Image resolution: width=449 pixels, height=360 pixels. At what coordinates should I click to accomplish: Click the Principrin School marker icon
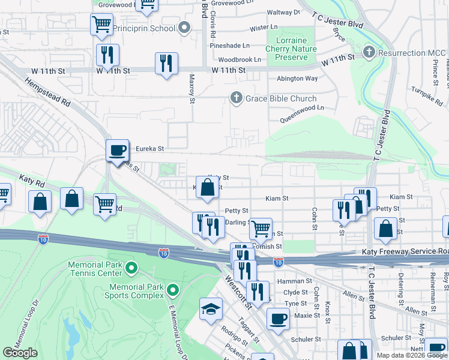coord(184,28)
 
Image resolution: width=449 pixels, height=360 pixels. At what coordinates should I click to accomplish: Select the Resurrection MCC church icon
coord(370,53)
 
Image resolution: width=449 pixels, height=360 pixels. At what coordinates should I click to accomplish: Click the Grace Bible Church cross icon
coord(237,98)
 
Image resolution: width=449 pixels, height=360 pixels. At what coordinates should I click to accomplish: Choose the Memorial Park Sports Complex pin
coord(173,291)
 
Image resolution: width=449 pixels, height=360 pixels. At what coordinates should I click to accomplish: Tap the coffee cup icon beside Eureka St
coord(117,150)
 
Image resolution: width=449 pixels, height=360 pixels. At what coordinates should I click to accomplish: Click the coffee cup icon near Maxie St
coord(277,319)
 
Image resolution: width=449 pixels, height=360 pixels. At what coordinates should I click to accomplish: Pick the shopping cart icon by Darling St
coord(260,228)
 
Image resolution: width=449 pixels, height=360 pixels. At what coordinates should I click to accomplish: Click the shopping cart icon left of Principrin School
coord(101,25)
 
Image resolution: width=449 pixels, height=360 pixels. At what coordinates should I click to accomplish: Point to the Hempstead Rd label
coord(47,91)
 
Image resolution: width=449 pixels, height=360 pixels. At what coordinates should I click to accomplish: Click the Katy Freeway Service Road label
coord(403,253)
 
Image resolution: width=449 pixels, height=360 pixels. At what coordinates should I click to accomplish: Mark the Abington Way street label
coord(297,78)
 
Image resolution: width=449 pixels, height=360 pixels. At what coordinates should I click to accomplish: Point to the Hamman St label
coord(294,281)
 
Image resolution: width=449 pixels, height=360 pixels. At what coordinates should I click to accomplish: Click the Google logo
coord(20,353)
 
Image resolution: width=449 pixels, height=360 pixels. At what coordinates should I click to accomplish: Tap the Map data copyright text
coord(411,355)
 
